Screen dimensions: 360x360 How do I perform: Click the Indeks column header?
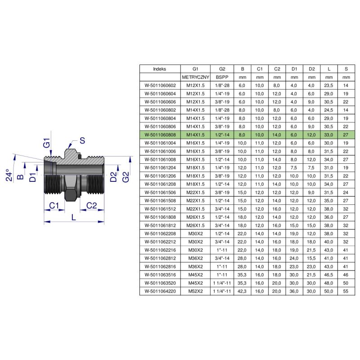tap(160, 69)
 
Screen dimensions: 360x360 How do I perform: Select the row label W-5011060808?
tap(160, 135)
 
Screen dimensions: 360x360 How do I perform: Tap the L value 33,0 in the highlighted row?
tap(328, 135)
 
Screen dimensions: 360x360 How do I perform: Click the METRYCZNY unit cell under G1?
tap(195, 77)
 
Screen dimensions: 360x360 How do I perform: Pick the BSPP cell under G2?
tap(222, 77)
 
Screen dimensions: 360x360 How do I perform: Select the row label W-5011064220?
tap(160, 291)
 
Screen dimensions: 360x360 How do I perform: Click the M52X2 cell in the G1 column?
tap(195, 291)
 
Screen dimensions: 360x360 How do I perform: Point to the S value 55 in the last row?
tap(346, 291)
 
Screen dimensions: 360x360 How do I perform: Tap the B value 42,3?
tap(242, 291)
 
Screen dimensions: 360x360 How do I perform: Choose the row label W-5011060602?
tap(160, 85)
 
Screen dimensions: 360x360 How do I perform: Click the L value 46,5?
tap(328, 274)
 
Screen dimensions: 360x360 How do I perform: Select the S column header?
tap(346, 69)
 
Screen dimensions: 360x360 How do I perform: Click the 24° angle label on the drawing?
tap(9, 175)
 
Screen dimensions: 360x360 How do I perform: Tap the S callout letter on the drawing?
tap(82, 140)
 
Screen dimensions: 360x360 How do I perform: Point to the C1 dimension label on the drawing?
tap(54, 205)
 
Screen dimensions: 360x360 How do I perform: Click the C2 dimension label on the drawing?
tap(92, 205)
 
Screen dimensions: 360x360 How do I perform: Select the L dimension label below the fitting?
tap(73, 217)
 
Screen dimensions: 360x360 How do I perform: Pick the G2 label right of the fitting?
tap(126, 177)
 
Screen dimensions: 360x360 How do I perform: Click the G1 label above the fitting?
tap(47, 143)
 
